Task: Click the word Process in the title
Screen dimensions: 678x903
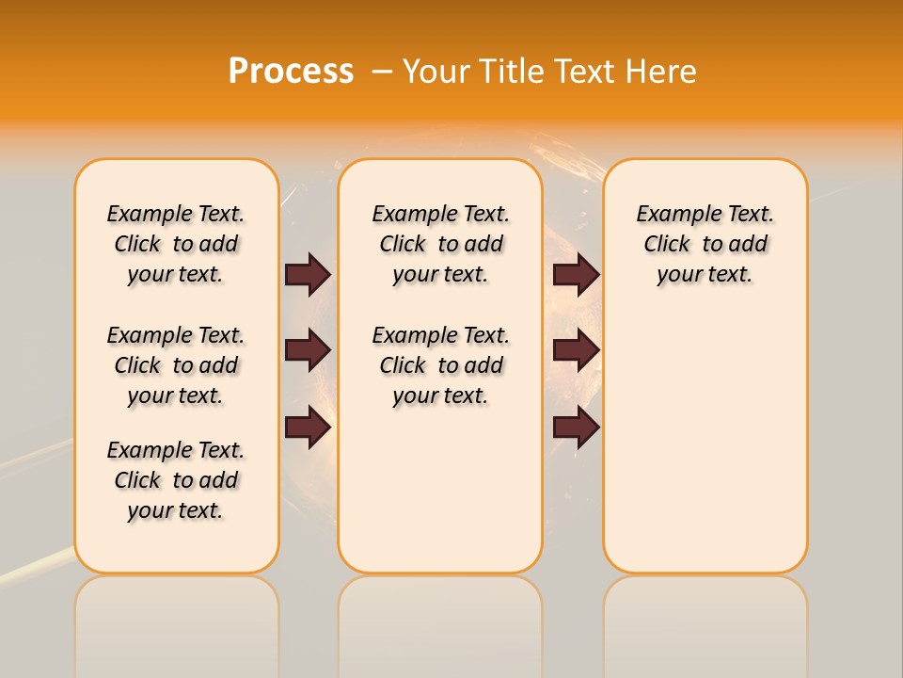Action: click(x=291, y=72)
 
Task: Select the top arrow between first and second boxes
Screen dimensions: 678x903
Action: click(x=308, y=274)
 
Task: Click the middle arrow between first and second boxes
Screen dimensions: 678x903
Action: click(x=308, y=350)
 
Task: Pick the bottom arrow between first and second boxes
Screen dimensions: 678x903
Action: click(x=308, y=428)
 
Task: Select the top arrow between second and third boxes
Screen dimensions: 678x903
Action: click(x=576, y=274)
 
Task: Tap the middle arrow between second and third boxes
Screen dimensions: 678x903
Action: click(x=576, y=350)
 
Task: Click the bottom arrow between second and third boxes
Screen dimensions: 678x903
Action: click(x=576, y=428)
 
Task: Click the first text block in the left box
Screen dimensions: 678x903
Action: click(x=176, y=244)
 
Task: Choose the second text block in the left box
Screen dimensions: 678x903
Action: click(x=176, y=365)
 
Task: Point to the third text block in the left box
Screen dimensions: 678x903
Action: click(x=176, y=480)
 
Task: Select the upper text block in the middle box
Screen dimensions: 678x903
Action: click(x=441, y=244)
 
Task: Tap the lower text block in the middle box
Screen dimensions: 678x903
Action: click(x=441, y=365)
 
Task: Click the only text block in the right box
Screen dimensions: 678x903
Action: click(x=705, y=244)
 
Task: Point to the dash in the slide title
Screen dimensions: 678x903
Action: click(x=382, y=72)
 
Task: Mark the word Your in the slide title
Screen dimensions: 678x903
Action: click(x=435, y=72)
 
